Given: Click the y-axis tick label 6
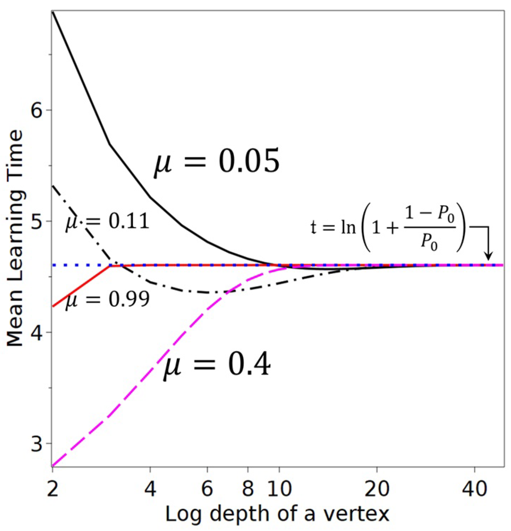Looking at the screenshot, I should pyautogui.click(x=36, y=110).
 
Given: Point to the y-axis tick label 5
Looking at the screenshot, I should pyautogui.click(x=36, y=221).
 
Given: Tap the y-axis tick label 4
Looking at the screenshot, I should pyautogui.click(x=36, y=332).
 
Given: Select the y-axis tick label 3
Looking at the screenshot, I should pyautogui.click(x=36, y=443).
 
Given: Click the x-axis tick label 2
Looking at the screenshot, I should pyautogui.click(x=53, y=489).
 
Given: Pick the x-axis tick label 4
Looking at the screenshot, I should pyautogui.click(x=150, y=489).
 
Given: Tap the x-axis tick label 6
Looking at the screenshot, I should pyautogui.click(x=207, y=489).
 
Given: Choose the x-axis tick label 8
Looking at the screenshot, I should pyautogui.click(x=248, y=489).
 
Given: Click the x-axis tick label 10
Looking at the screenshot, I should pyautogui.click(x=279, y=489).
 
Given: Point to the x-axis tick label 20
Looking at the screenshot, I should pyautogui.click(x=377, y=489).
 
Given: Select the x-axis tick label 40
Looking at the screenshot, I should pyautogui.click(x=475, y=489).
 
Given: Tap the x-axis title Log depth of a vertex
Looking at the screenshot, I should pyautogui.click(x=277, y=514).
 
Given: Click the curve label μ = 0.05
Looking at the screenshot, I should pyautogui.click(x=216, y=162).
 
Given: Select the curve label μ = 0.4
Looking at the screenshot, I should pyautogui.click(x=217, y=365).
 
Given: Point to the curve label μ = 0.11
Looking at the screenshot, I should pyautogui.click(x=108, y=221).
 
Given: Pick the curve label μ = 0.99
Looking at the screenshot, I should pyautogui.click(x=108, y=299).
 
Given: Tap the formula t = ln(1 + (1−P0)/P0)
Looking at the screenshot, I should pyautogui.click(x=388, y=227).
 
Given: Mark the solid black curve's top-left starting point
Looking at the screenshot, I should pyautogui.click(x=53, y=12).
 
